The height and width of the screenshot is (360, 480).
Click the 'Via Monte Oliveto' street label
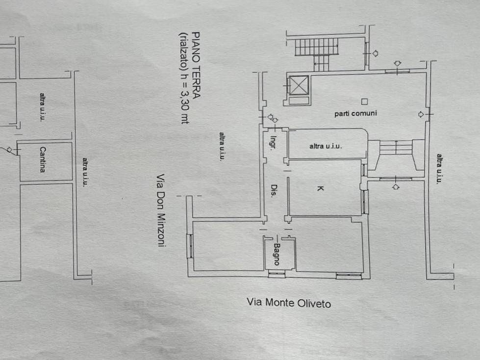[289, 303]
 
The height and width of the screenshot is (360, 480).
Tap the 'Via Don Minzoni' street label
[161, 210]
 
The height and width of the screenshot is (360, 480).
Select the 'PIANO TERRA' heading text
[196, 65]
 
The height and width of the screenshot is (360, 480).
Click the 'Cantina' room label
[43, 159]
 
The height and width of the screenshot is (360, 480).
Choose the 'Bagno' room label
[277, 254]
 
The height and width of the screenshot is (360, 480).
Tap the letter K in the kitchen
[320, 188]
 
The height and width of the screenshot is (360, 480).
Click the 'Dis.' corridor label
[274, 190]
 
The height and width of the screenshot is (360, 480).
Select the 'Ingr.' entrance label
[273, 142]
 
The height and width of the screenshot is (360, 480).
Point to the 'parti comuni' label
[355, 114]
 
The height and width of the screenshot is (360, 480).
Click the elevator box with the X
[299, 85]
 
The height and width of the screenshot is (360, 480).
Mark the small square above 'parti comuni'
[364, 102]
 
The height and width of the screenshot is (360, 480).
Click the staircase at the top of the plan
[317, 52]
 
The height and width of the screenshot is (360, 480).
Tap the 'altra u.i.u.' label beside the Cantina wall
[85, 172]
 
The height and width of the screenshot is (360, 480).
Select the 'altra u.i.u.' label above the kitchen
[326, 146]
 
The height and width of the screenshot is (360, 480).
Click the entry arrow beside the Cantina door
[10, 150]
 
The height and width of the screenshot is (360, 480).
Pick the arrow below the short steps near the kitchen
[396, 186]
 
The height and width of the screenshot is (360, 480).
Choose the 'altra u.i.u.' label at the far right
[439, 169]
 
